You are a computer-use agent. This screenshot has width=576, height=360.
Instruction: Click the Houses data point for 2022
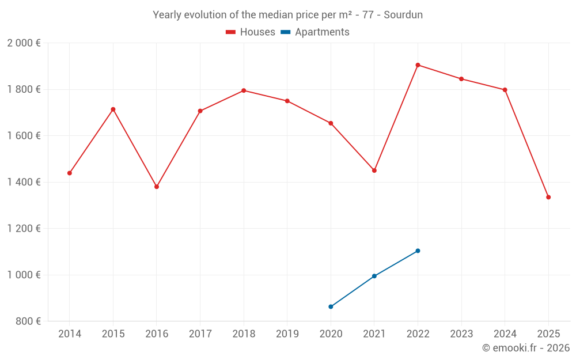click(418, 65)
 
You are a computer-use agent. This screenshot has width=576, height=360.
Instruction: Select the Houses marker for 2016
click(157, 187)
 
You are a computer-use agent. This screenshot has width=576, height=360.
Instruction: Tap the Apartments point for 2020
click(331, 306)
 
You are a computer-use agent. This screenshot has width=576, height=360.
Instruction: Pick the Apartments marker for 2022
click(418, 251)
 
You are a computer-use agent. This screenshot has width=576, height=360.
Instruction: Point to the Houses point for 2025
click(548, 197)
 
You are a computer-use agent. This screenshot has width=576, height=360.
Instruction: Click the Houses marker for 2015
click(113, 109)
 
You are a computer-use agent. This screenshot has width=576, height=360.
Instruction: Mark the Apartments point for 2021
click(374, 276)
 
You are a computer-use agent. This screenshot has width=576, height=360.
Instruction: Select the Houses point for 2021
click(374, 170)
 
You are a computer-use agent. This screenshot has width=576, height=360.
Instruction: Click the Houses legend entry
click(251, 32)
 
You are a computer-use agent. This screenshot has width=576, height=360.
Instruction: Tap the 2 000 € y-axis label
click(24, 43)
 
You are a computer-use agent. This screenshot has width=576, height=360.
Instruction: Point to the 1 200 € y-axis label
click(24, 229)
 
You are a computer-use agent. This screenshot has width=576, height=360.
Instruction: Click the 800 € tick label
click(28, 321)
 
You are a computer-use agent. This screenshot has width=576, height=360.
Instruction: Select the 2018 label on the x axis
click(244, 334)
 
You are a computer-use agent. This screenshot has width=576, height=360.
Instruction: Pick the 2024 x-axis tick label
click(505, 334)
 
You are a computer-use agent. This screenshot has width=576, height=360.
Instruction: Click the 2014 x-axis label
click(70, 334)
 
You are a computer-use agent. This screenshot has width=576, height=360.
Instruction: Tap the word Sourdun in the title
click(404, 15)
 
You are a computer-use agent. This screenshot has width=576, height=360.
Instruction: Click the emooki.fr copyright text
click(525, 348)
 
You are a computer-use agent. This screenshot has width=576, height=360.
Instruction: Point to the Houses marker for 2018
click(244, 90)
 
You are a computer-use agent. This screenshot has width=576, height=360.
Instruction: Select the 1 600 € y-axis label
click(24, 136)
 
